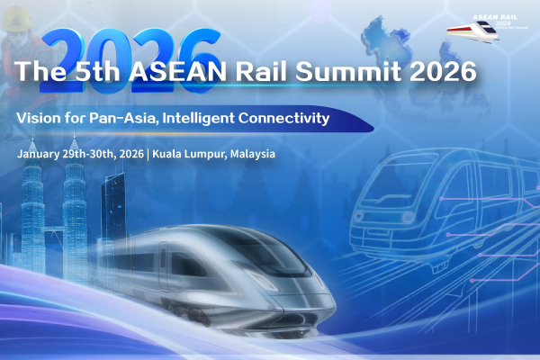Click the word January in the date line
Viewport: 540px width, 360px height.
pos(40,154)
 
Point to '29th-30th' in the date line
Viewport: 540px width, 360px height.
pos(95,154)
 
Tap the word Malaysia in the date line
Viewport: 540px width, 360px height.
pos(252,154)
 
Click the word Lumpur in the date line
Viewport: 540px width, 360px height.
pos(206,154)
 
